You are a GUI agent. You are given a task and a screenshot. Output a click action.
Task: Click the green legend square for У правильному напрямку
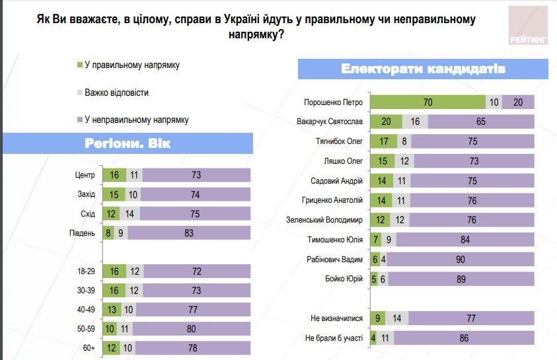click(x=80, y=65)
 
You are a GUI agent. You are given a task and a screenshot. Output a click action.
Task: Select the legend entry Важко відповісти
click(x=116, y=92)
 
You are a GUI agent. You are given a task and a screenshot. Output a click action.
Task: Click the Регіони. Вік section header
click(x=128, y=143)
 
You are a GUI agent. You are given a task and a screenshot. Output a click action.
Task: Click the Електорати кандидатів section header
click(x=424, y=69)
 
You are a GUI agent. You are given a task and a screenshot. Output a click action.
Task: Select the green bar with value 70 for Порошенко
click(x=427, y=102)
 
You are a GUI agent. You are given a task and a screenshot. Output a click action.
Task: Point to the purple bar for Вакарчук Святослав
click(x=480, y=122)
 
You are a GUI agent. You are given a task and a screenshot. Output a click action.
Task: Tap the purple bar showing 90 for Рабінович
click(x=460, y=260)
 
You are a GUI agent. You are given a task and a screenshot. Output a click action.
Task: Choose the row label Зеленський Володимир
click(x=324, y=220)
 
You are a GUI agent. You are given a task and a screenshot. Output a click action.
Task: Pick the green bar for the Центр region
click(x=113, y=174)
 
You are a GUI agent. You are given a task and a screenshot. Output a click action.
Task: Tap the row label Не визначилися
click(x=337, y=318)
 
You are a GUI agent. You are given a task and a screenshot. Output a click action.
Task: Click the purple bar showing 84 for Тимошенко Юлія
click(x=465, y=240)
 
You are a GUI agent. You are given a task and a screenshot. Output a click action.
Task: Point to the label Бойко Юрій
click(x=345, y=279)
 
